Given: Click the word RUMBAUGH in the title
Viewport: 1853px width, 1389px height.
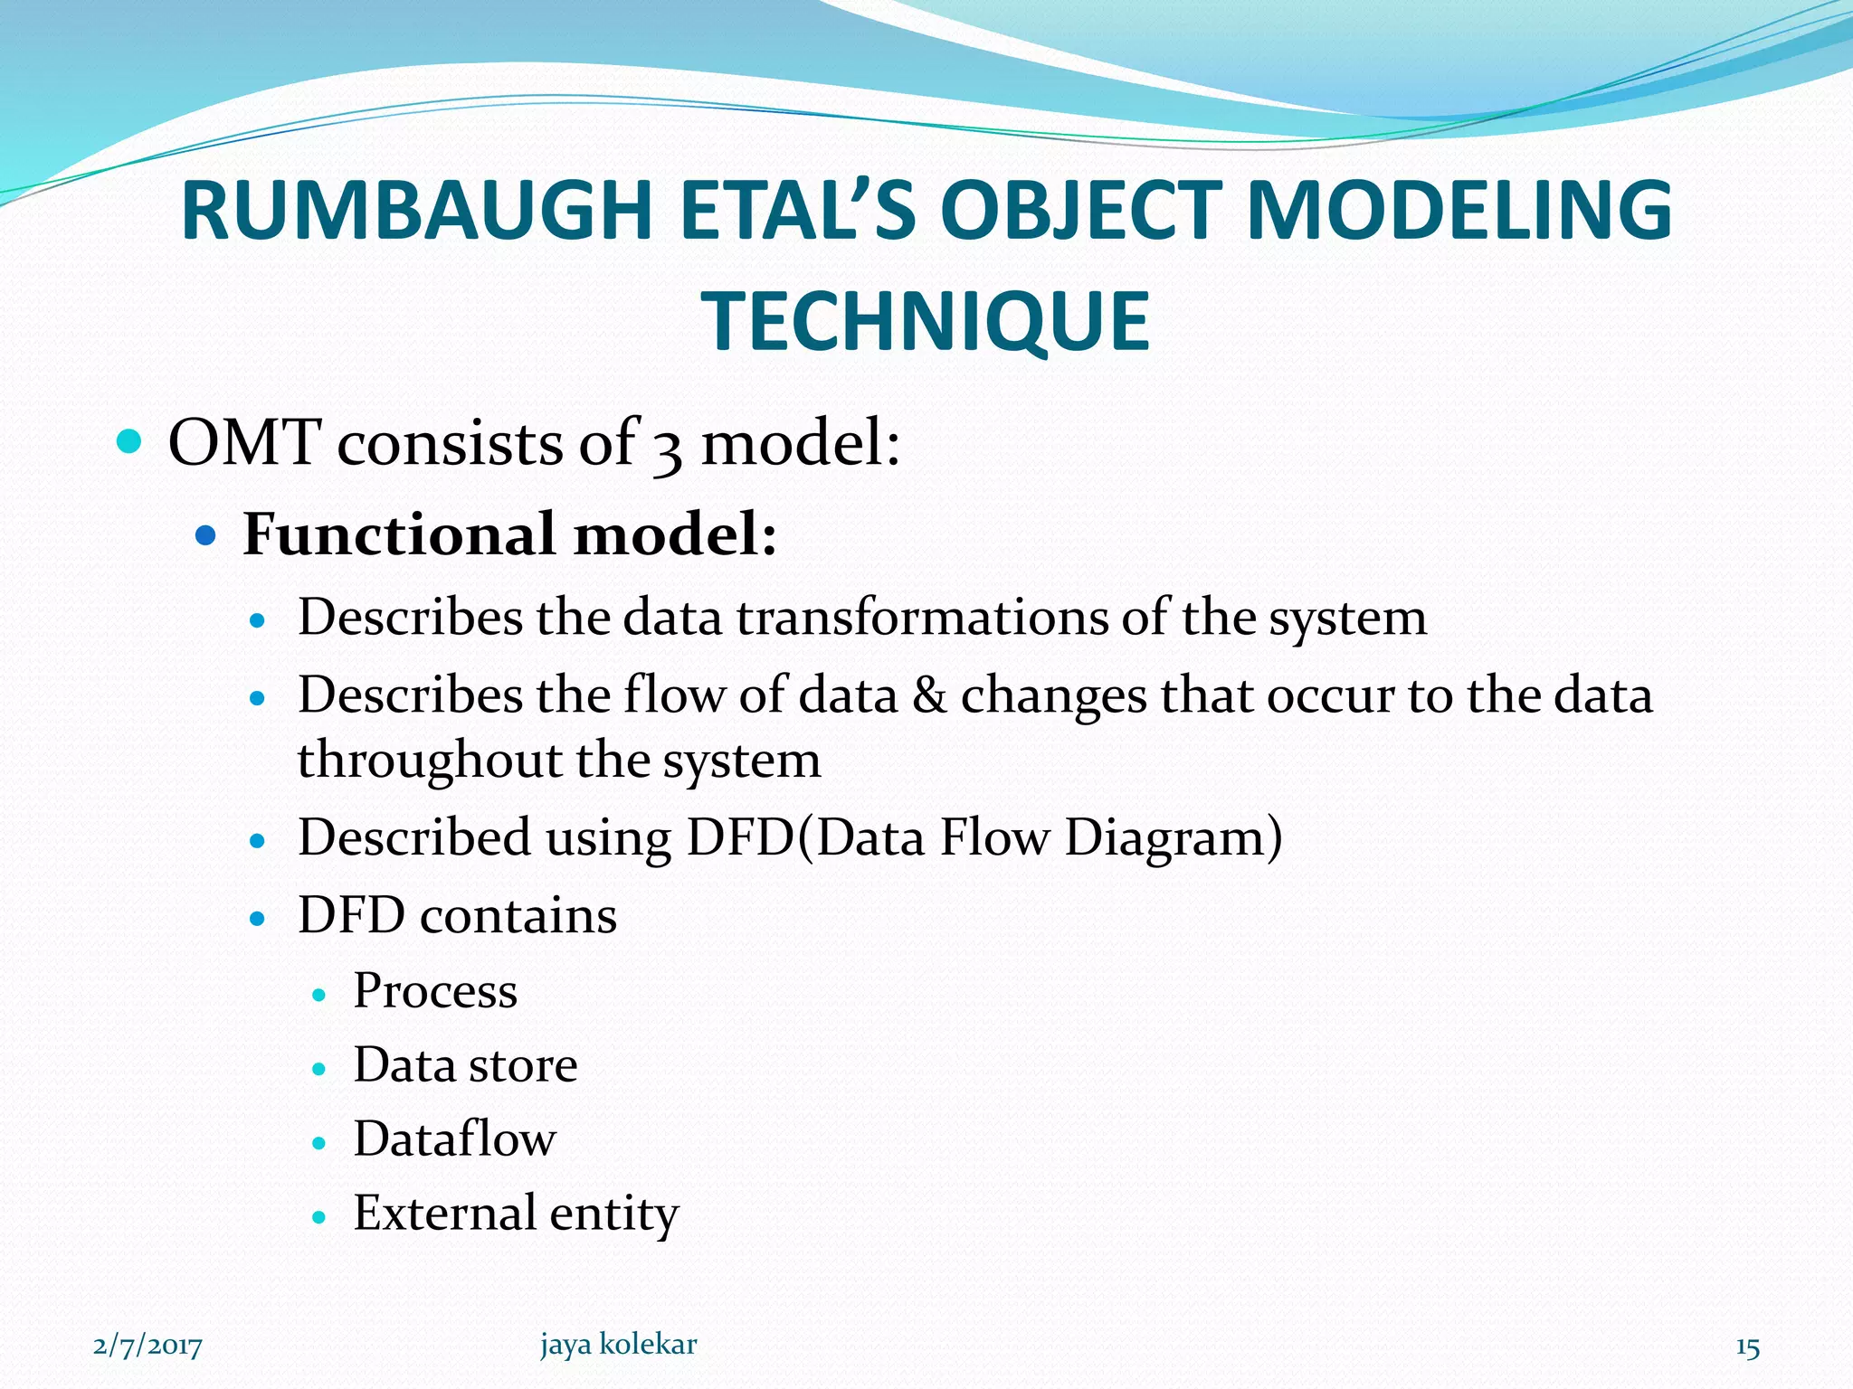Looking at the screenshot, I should [416, 211].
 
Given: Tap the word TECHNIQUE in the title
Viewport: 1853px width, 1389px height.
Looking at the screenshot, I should [926, 321].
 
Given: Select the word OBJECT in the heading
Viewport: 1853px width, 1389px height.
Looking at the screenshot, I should [1081, 211].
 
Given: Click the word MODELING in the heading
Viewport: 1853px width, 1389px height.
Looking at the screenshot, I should [1459, 211].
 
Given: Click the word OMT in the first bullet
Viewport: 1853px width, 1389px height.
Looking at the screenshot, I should [244, 443].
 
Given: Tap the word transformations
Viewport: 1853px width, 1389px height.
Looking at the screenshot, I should [921, 618].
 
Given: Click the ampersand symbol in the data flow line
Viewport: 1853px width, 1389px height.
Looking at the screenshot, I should [929, 695].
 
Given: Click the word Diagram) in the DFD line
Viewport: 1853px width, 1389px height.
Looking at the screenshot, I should [1174, 837].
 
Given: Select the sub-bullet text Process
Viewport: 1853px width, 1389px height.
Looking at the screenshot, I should [435, 991].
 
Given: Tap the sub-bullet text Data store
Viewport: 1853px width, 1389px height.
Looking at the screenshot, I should [465, 1065].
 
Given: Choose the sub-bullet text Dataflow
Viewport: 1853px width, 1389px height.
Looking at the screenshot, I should [454, 1139].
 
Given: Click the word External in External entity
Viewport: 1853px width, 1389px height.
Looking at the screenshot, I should [444, 1213].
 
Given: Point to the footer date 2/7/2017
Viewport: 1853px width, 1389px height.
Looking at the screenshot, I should [147, 1346].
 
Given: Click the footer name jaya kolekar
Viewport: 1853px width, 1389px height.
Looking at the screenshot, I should [618, 1345].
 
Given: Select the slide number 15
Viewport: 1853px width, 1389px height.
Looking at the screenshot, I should [1747, 1347].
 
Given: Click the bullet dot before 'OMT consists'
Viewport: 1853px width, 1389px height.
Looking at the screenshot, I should [130, 442].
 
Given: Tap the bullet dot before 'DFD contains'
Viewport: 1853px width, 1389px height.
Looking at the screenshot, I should [258, 920].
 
